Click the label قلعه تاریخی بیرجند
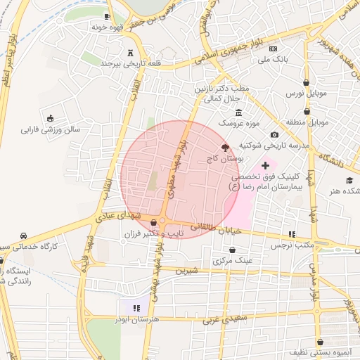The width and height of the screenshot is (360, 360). click(x=132, y=64)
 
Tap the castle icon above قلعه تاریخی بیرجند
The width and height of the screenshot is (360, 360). click(x=131, y=53)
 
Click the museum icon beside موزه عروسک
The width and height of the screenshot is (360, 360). click(x=238, y=112)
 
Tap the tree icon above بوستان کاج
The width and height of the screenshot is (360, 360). click(x=225, y=148)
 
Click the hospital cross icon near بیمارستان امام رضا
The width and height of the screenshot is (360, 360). click(x=264, y=165)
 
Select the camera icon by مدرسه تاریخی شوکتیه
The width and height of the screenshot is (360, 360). click(x=274, y=134)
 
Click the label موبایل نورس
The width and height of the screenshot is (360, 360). click(x=303, y=93)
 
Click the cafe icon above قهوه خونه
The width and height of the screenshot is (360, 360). click(x=107, y=15)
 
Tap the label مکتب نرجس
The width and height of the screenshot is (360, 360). click(x=292, y=245)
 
